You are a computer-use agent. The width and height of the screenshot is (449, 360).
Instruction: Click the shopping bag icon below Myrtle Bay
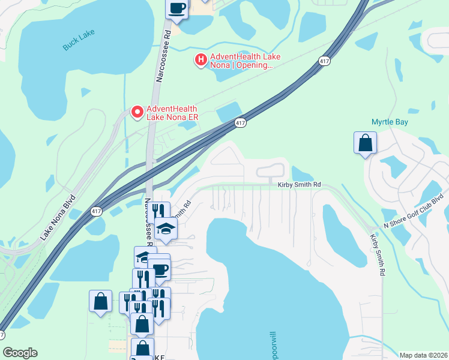click(x=365, y=143)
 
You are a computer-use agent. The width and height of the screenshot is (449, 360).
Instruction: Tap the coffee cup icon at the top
click(x=177, y=8)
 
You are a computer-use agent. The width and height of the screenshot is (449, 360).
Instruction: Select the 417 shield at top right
click(x=324, y=61)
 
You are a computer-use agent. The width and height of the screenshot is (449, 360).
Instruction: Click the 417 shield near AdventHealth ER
click(x=240, y=123)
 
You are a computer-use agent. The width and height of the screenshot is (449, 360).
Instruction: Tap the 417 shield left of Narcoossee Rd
click(x=96, y=211)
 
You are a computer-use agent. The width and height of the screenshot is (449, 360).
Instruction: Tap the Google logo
click(x=20, y=353)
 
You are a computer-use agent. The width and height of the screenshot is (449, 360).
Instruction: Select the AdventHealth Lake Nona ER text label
click(x=172, y=113)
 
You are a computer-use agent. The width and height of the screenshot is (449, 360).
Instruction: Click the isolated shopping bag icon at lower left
click(x=100, y=302)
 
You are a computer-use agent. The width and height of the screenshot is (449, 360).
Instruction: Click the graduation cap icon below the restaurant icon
click(x=166, y=229)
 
